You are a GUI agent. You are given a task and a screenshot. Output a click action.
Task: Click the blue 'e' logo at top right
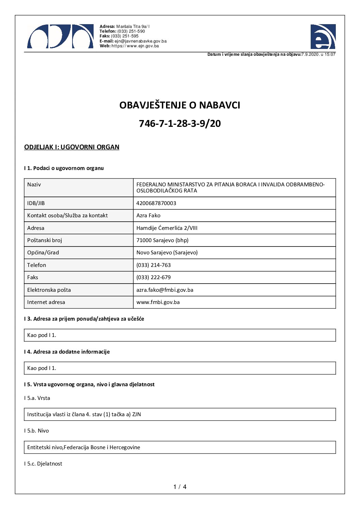[x=323, y=37]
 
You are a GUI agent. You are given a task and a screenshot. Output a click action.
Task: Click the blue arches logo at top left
[x=60, y=37]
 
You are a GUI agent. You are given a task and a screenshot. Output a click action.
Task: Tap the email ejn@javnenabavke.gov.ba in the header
[x=140, y=41]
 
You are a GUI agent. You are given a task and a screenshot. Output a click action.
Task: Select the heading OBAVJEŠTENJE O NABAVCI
[x=180, y=105]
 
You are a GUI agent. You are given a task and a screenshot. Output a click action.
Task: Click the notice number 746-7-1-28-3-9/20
[x=180, y=123]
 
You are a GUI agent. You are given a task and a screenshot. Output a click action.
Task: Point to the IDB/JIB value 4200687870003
[x=156, y=203]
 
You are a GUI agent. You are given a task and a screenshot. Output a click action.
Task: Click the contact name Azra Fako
[x=148, y=216]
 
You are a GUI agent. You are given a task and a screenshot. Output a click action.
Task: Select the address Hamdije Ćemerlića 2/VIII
[x=167, y=228]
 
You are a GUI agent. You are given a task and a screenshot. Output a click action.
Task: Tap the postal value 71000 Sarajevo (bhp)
[x=162, y=240]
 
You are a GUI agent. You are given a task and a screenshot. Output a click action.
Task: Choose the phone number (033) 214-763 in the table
[x=153, y=265]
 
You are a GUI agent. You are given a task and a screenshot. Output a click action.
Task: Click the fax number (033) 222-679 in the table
[x=153, y=277]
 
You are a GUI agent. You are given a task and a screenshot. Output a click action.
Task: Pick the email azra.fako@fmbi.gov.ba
[x=165, y=290]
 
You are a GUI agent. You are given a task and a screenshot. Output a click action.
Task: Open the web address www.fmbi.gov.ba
[x=158, y=302]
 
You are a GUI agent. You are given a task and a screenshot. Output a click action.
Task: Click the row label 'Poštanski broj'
[x=45, y=240]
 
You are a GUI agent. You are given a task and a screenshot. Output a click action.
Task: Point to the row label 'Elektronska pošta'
[x=49, y=290]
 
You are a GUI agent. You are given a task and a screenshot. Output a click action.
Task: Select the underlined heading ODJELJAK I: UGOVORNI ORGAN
[x=72, y=147]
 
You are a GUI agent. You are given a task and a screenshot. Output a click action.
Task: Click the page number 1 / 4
[x=180, y=487]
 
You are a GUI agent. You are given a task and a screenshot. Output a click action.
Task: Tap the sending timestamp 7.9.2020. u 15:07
[x=318, y=54]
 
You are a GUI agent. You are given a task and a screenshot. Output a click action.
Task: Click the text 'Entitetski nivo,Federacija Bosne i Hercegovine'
[x=84, y=447]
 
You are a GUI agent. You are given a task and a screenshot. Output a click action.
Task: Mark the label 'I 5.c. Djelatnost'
[x=43, y=464]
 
